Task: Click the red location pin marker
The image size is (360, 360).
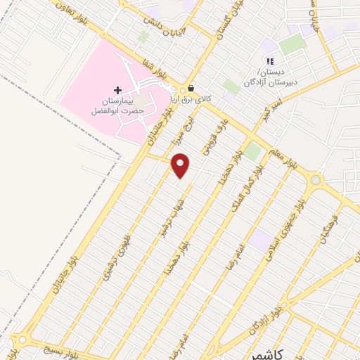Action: click(181, 165)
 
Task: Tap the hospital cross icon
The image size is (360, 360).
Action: click(117, 90)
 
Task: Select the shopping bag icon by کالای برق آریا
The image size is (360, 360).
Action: click(191, 90)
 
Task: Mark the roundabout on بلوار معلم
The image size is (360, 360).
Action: click(314, 181)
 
